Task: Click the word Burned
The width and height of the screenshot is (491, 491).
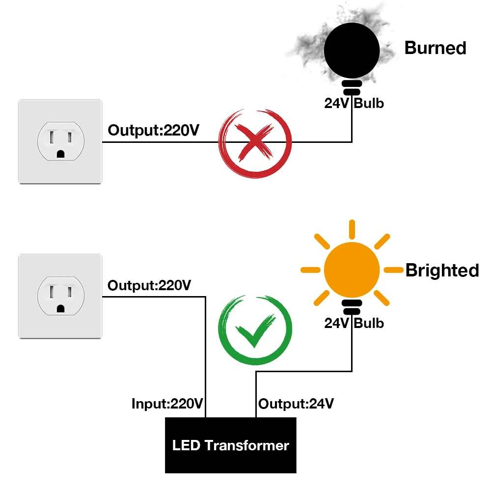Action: [x=435, y=48]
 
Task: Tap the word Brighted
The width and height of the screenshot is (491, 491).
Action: [x=442, y=271]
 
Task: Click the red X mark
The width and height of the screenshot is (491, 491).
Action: [x=255, y=142]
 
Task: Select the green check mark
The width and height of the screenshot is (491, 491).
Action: [x=255, y=330]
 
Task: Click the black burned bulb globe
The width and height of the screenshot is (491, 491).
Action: [x=352, y=49]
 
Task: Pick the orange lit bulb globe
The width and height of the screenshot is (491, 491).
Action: [x=352, y=269]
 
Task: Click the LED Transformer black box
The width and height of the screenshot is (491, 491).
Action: [x=231, y=445]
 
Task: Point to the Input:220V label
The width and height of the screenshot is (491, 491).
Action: [x=167, y=404]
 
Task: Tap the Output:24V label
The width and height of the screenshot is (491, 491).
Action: [x=296, y=404]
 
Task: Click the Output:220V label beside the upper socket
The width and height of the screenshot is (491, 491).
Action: [x=154, y=131]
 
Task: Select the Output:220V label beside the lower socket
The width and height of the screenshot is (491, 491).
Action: [x=149, y=285]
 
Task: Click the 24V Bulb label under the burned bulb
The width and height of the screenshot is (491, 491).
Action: [x=354, y=104]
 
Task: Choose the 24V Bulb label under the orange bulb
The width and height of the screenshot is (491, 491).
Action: [x=354, y=323]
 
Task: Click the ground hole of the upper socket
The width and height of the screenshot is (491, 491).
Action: [x=60, y=153]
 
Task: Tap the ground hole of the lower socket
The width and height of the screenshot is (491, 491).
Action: [x=60, y=308]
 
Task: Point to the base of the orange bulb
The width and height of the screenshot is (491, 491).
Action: [x=352, y=307]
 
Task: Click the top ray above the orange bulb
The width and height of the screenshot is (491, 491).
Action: [x=352, y=230]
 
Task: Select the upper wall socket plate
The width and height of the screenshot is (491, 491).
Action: [x=60, y=141]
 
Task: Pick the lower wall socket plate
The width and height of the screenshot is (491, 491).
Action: [x=60, y=296]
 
